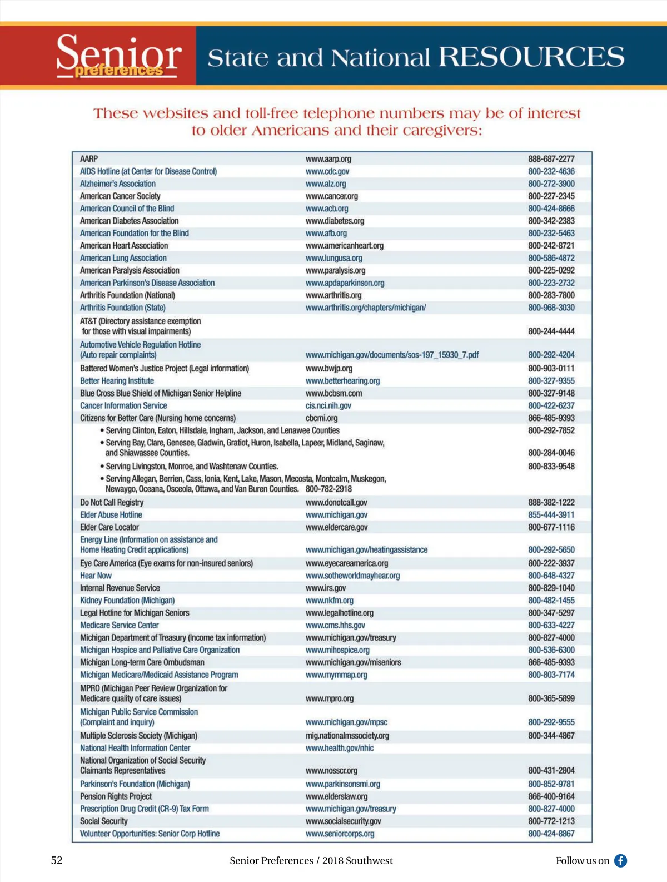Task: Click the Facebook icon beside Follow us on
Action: (x=620, y=860)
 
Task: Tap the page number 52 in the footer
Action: (x=57, y=860)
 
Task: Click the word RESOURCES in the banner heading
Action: (x=531, y=57)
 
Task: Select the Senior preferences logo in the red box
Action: (x=118, y=56)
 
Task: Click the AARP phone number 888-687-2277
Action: (x=551, y=159)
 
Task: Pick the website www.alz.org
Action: (x=326, y=184)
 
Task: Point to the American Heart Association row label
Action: (x=124, y=246)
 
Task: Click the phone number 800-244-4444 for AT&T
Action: (x=551, y=331)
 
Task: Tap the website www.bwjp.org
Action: (x=328, y=369)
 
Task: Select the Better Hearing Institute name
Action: (x=117, y=381)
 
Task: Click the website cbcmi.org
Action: (x=321, y=418)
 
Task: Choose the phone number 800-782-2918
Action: (x=328, y=489)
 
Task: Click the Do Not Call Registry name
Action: (x=112, y=503)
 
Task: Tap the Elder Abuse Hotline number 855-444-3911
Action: (x=551, y=515)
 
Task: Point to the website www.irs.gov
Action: (x=325, y=588)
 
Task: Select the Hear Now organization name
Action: (x=96, y=576)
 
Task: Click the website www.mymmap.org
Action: (x=336, y=675)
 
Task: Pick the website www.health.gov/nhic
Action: (x=339, y=749)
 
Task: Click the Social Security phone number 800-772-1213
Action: (x=551, y=821)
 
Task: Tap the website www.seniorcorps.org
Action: (x=340, y=834)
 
